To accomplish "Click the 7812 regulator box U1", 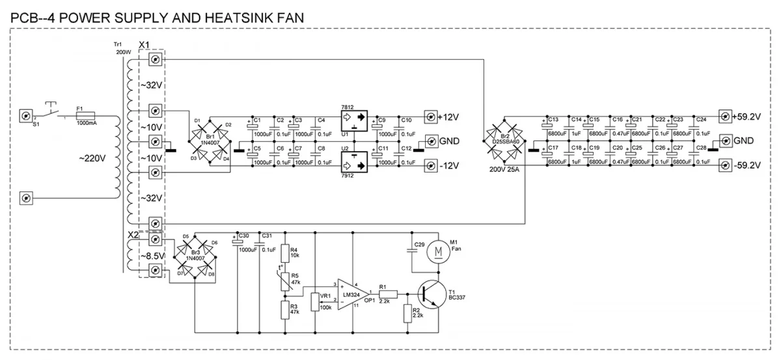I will (x=354, y=119).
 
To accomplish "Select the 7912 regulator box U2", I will (x=354, y=163).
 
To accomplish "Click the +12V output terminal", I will (x=430, y=117).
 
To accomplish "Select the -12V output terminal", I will (x=430, y=166).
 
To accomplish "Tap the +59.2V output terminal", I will (x=723, y=117).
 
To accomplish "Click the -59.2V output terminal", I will (x=723, y=166).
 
